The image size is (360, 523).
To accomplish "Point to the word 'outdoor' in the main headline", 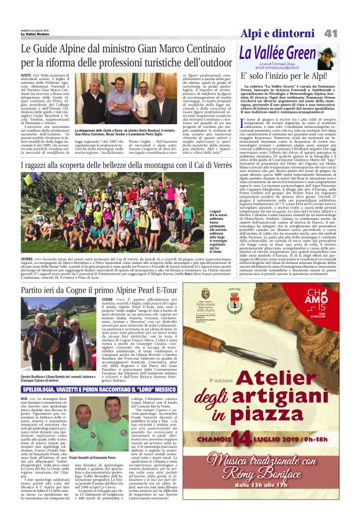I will pyautogui.click(x=210, y=62).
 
